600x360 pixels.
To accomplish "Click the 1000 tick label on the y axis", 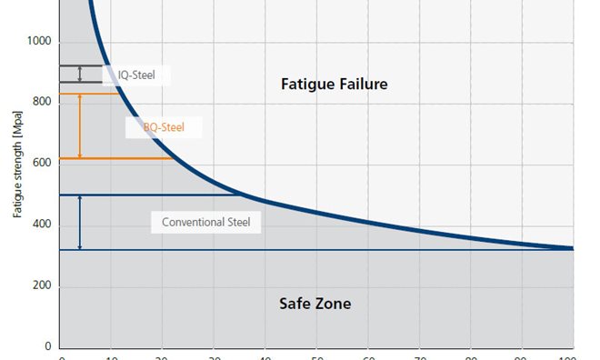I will pos(38,43).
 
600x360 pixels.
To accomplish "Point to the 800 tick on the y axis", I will pos(42,104).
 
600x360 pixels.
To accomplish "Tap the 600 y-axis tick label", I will pos(42,165).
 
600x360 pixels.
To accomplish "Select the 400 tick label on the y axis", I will pos(42,225).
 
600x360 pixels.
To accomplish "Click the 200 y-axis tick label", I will pos(42,286).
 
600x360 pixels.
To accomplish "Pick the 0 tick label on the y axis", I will pos(49,347).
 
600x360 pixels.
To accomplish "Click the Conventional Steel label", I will pos(211,222).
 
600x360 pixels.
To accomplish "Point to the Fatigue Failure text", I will pos(335,85).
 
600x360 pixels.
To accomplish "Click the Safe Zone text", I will pos(315,304).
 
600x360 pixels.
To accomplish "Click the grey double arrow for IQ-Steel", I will pos(80,74).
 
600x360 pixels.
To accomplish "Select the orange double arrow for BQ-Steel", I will pos(80,126).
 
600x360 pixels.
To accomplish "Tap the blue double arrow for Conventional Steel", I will pos(80,222).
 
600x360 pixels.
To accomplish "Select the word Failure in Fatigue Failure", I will pos(360,85).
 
